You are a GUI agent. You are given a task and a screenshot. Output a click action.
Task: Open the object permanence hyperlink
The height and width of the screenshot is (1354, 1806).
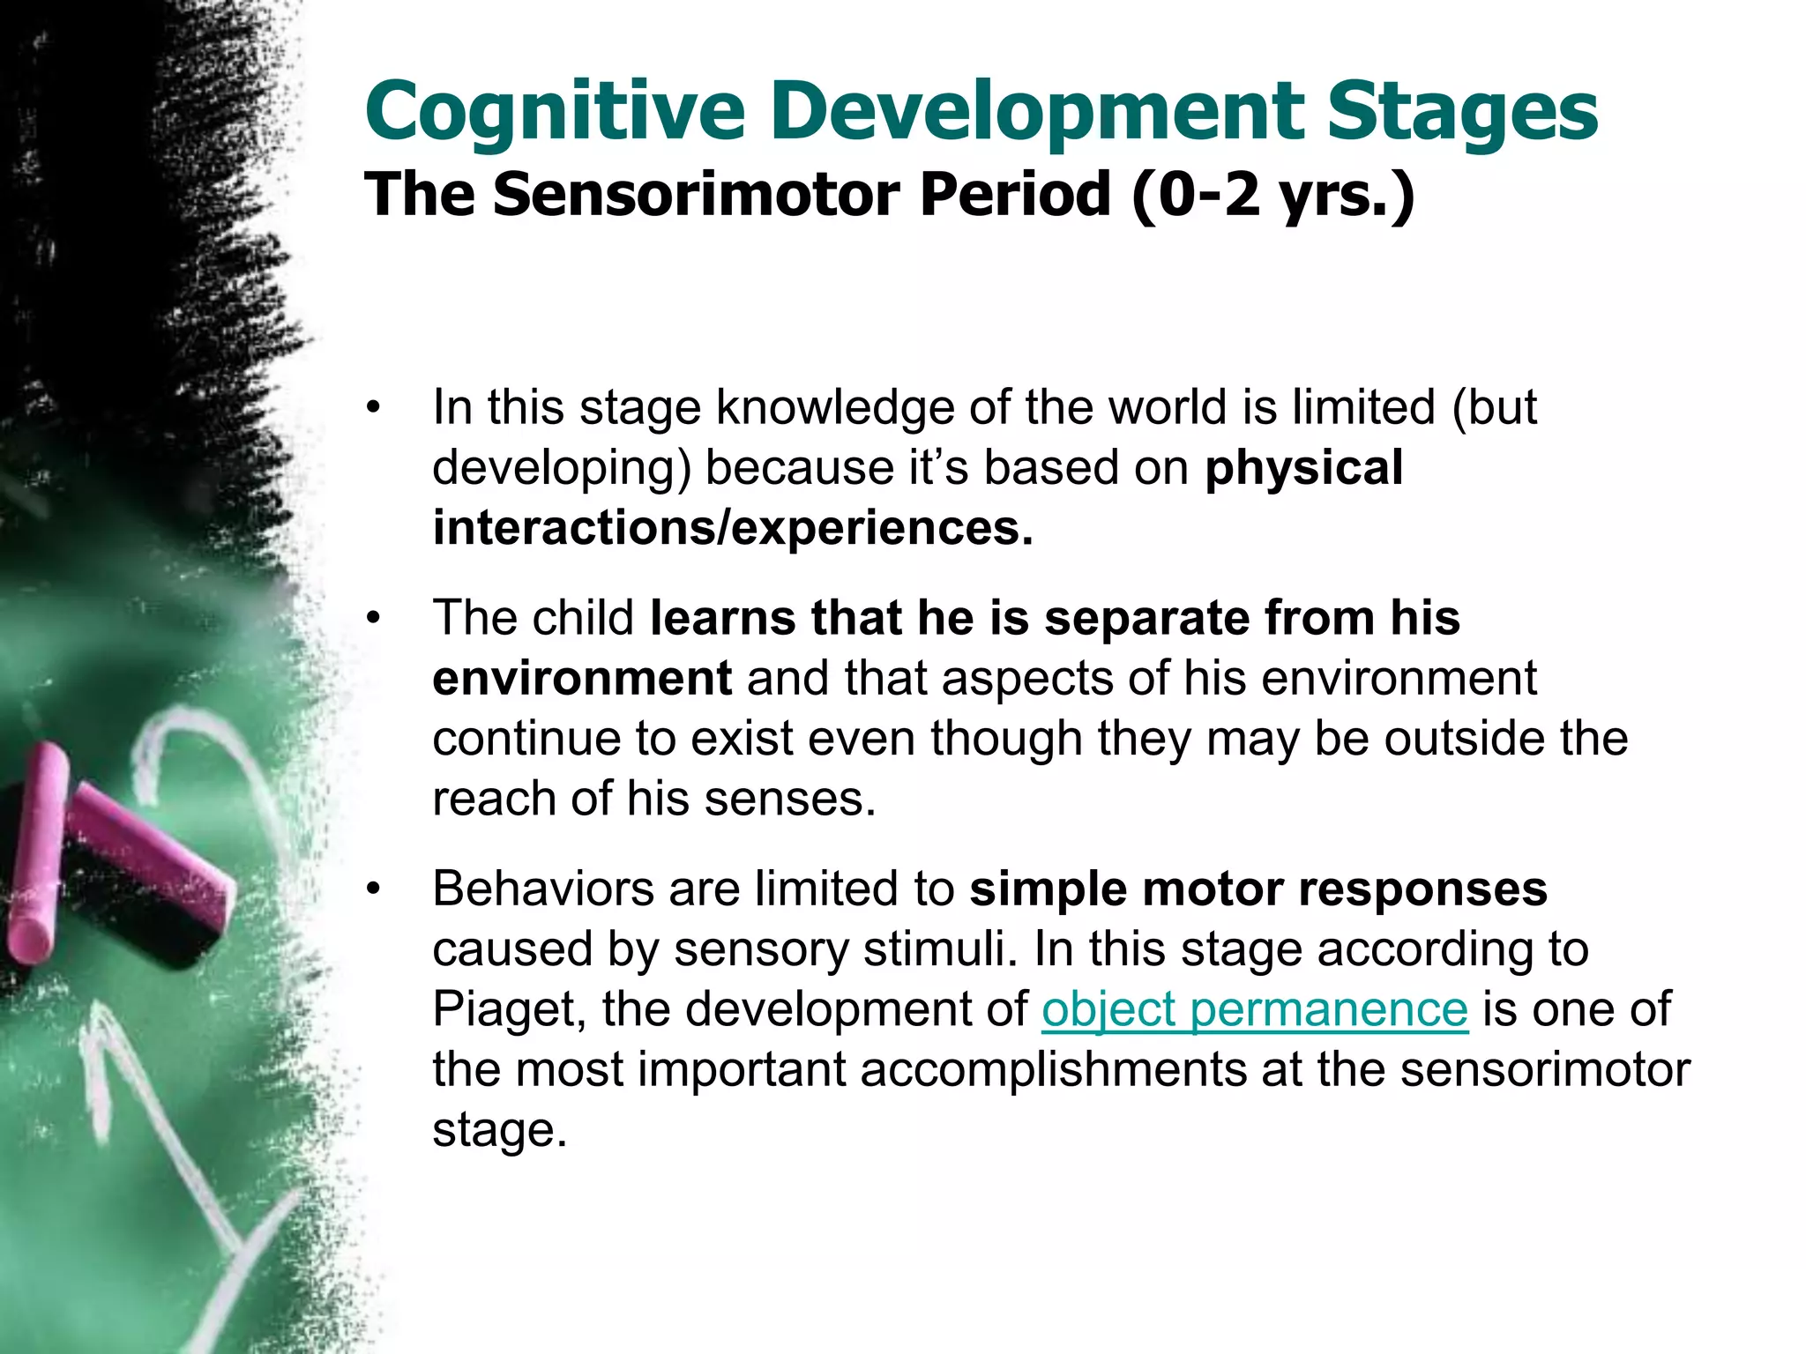point(1254,1009)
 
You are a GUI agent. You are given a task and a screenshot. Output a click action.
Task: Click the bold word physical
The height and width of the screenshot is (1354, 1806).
point(1303,467)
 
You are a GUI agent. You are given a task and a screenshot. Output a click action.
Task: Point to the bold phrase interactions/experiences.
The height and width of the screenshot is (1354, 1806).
point(732,528)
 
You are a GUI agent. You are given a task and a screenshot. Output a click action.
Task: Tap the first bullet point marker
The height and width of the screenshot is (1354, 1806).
point(374,409)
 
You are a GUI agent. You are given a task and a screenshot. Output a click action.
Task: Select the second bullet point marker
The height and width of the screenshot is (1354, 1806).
point(374,619)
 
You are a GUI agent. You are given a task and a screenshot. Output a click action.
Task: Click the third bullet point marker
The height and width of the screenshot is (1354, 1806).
point(374,889)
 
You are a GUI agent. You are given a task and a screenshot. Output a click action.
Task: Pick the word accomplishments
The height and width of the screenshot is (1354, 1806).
point(1053,1069)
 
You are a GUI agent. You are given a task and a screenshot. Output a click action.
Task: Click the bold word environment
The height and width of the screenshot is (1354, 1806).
point(582,679)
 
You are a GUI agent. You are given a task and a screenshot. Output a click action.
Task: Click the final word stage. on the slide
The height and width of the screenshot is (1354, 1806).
point(499,1130)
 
